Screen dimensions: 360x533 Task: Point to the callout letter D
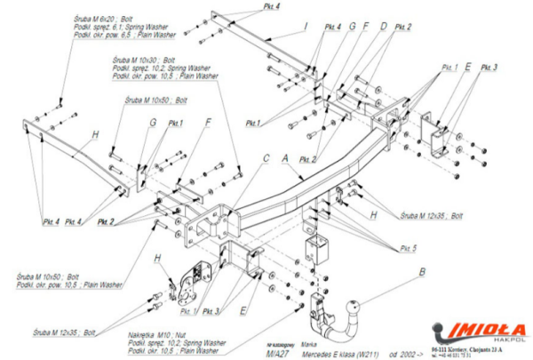[383, 27]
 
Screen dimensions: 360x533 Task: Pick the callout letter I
[305, 26]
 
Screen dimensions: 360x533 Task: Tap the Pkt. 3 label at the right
[489, 68]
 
